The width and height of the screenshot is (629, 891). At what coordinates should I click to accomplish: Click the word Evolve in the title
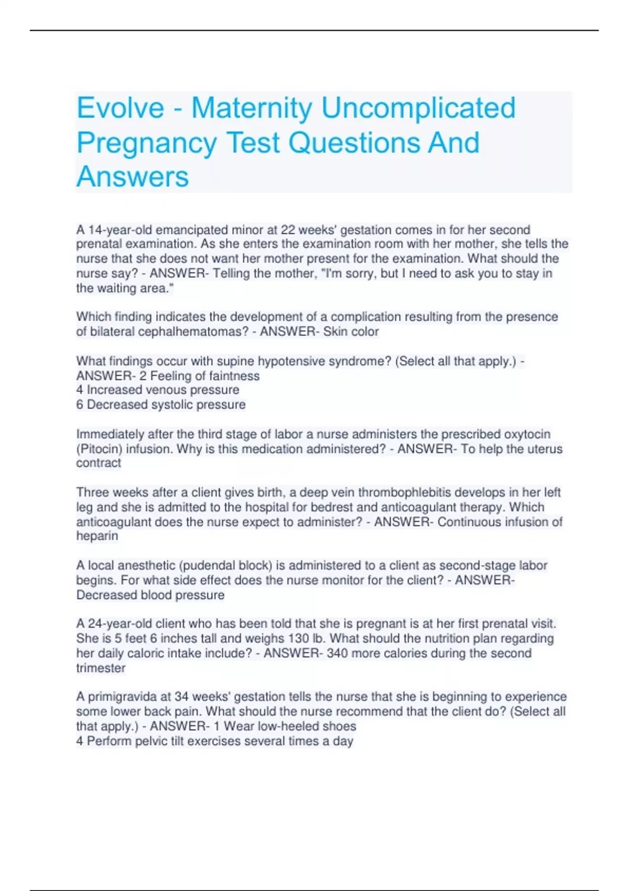[x=121, y=108]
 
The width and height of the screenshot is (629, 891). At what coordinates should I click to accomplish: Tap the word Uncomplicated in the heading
[x=418, y=108]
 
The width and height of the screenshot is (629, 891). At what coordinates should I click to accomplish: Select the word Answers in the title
[x=133, y=177]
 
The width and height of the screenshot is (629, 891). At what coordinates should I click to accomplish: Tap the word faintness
[x=234, y=376]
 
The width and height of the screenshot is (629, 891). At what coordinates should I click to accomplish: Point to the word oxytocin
[x=527, y=434]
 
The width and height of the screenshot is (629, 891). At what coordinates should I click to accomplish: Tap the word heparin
[x=97, y=536]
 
